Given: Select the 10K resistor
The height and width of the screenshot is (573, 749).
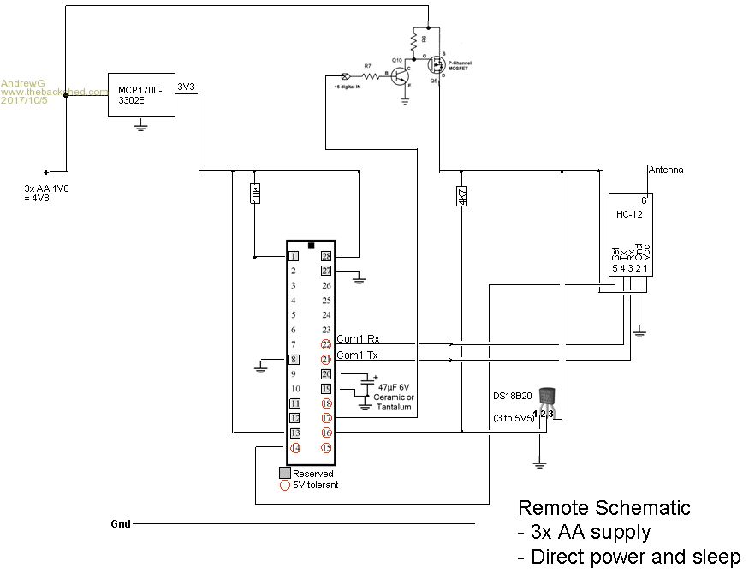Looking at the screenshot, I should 255,194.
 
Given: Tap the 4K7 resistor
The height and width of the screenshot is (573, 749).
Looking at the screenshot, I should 462,195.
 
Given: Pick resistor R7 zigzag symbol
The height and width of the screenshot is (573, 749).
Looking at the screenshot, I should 368,75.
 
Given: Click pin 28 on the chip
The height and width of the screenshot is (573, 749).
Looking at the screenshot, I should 326,255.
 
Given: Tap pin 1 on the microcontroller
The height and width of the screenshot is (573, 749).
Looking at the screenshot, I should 293,255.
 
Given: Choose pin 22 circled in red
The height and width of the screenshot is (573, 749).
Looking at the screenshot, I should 326,344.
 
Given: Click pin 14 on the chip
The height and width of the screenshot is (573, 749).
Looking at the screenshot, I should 294,448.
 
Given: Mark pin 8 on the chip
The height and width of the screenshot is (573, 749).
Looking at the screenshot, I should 293,360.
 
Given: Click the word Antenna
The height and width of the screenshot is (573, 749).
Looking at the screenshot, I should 665,170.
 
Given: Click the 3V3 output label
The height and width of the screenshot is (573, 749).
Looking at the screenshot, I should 186,87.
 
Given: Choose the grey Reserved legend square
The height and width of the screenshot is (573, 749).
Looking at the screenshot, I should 284,473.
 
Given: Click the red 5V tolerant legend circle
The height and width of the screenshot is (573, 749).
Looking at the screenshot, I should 284,485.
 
